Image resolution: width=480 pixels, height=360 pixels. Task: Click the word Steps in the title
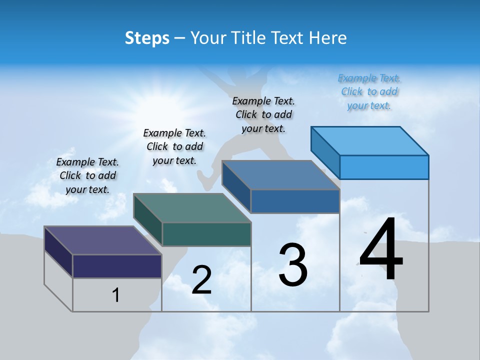(x=146, y=38)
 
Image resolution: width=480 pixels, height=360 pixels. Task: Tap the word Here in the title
(x=327, y=38)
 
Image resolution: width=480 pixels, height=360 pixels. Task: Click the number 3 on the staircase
(x=293, y=265)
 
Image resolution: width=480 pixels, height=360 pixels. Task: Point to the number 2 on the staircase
(x=201, y=280)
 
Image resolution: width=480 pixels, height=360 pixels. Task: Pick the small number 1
(x=116, y=295)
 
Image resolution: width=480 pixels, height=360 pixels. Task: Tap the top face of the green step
(x=192, y=208)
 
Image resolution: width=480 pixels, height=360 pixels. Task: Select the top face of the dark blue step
(x=280, y=175)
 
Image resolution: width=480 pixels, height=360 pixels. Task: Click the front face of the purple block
(x=117, y=266)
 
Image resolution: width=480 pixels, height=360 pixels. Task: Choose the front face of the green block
(x=206, y=234)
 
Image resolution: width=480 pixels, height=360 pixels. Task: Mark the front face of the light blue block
(x=384, y=167)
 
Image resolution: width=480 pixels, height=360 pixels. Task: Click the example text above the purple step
(x=87, y=175)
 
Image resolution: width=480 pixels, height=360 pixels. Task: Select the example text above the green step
(x=174, y=146)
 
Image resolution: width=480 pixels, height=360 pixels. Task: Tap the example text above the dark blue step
(x=263, y=114)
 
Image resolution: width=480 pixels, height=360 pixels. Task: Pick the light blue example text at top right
(x=369, y=91)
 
